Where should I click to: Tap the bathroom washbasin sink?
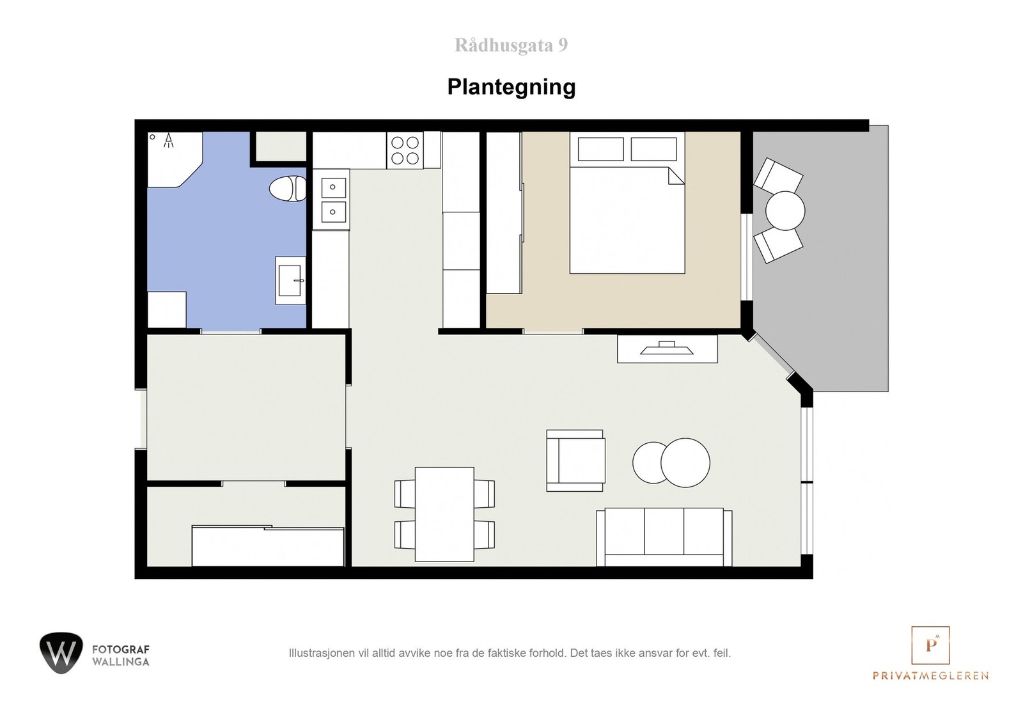click(x=291, y=280)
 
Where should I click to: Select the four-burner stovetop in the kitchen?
click(x=405, y=151)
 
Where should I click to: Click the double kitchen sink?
click(x=332, y=199)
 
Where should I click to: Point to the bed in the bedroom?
click(x=627, y=211)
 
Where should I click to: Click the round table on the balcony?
click(x=785, y=210)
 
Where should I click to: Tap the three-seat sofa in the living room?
click(x=664, y=537)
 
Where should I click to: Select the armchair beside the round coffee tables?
click(x=575, y=460)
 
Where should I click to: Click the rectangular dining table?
click(x=444, y=514)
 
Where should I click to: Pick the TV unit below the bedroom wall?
click(x=667, y=349)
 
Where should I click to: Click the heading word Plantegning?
click(x=511, y=87)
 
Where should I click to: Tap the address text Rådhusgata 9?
click(x=511, y=45)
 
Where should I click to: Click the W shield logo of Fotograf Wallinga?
click(x=61, y=652)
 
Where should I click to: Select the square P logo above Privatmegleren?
click(x=930, y=644)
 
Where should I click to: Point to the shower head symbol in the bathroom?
click(x=169, y=140)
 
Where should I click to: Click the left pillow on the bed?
click(x=600, y=149)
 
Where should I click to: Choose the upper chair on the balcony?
click(x=777, y=175)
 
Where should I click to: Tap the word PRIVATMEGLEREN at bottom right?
click(x=930, y=675)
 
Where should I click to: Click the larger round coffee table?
click(x=685, y=462)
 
